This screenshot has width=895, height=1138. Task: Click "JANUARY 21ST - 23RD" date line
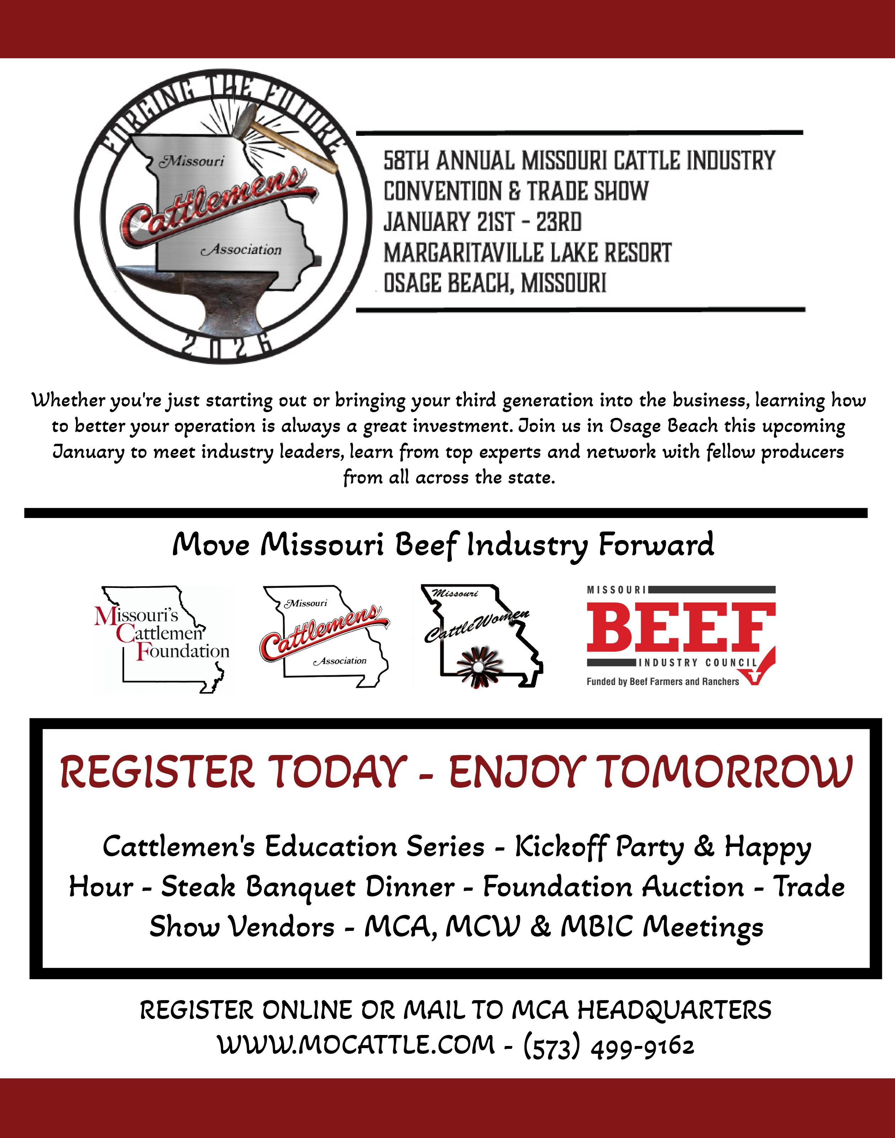(482, 222)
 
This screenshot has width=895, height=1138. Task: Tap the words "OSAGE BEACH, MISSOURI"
(495, 283)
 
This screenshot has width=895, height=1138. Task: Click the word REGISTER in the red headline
(157, 772)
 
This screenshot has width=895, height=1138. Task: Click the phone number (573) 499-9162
(609, 1046)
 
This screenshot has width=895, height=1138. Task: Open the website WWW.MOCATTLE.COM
(356, 1046)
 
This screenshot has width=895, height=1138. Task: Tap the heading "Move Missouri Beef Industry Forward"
(443, 545)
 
